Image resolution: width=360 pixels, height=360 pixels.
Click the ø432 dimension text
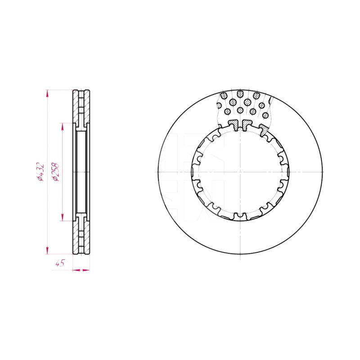40,172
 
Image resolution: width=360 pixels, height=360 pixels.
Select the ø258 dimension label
56,172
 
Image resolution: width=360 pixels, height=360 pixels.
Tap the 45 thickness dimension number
60,263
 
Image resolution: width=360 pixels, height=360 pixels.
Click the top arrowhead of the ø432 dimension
47,93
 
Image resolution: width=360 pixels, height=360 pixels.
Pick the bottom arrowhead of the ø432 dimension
47,251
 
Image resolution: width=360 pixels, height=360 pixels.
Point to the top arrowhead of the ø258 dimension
62,126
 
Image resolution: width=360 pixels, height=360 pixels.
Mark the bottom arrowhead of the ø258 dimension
62,217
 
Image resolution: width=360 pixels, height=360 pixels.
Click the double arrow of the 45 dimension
81,270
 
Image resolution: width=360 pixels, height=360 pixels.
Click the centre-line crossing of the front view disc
240,172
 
